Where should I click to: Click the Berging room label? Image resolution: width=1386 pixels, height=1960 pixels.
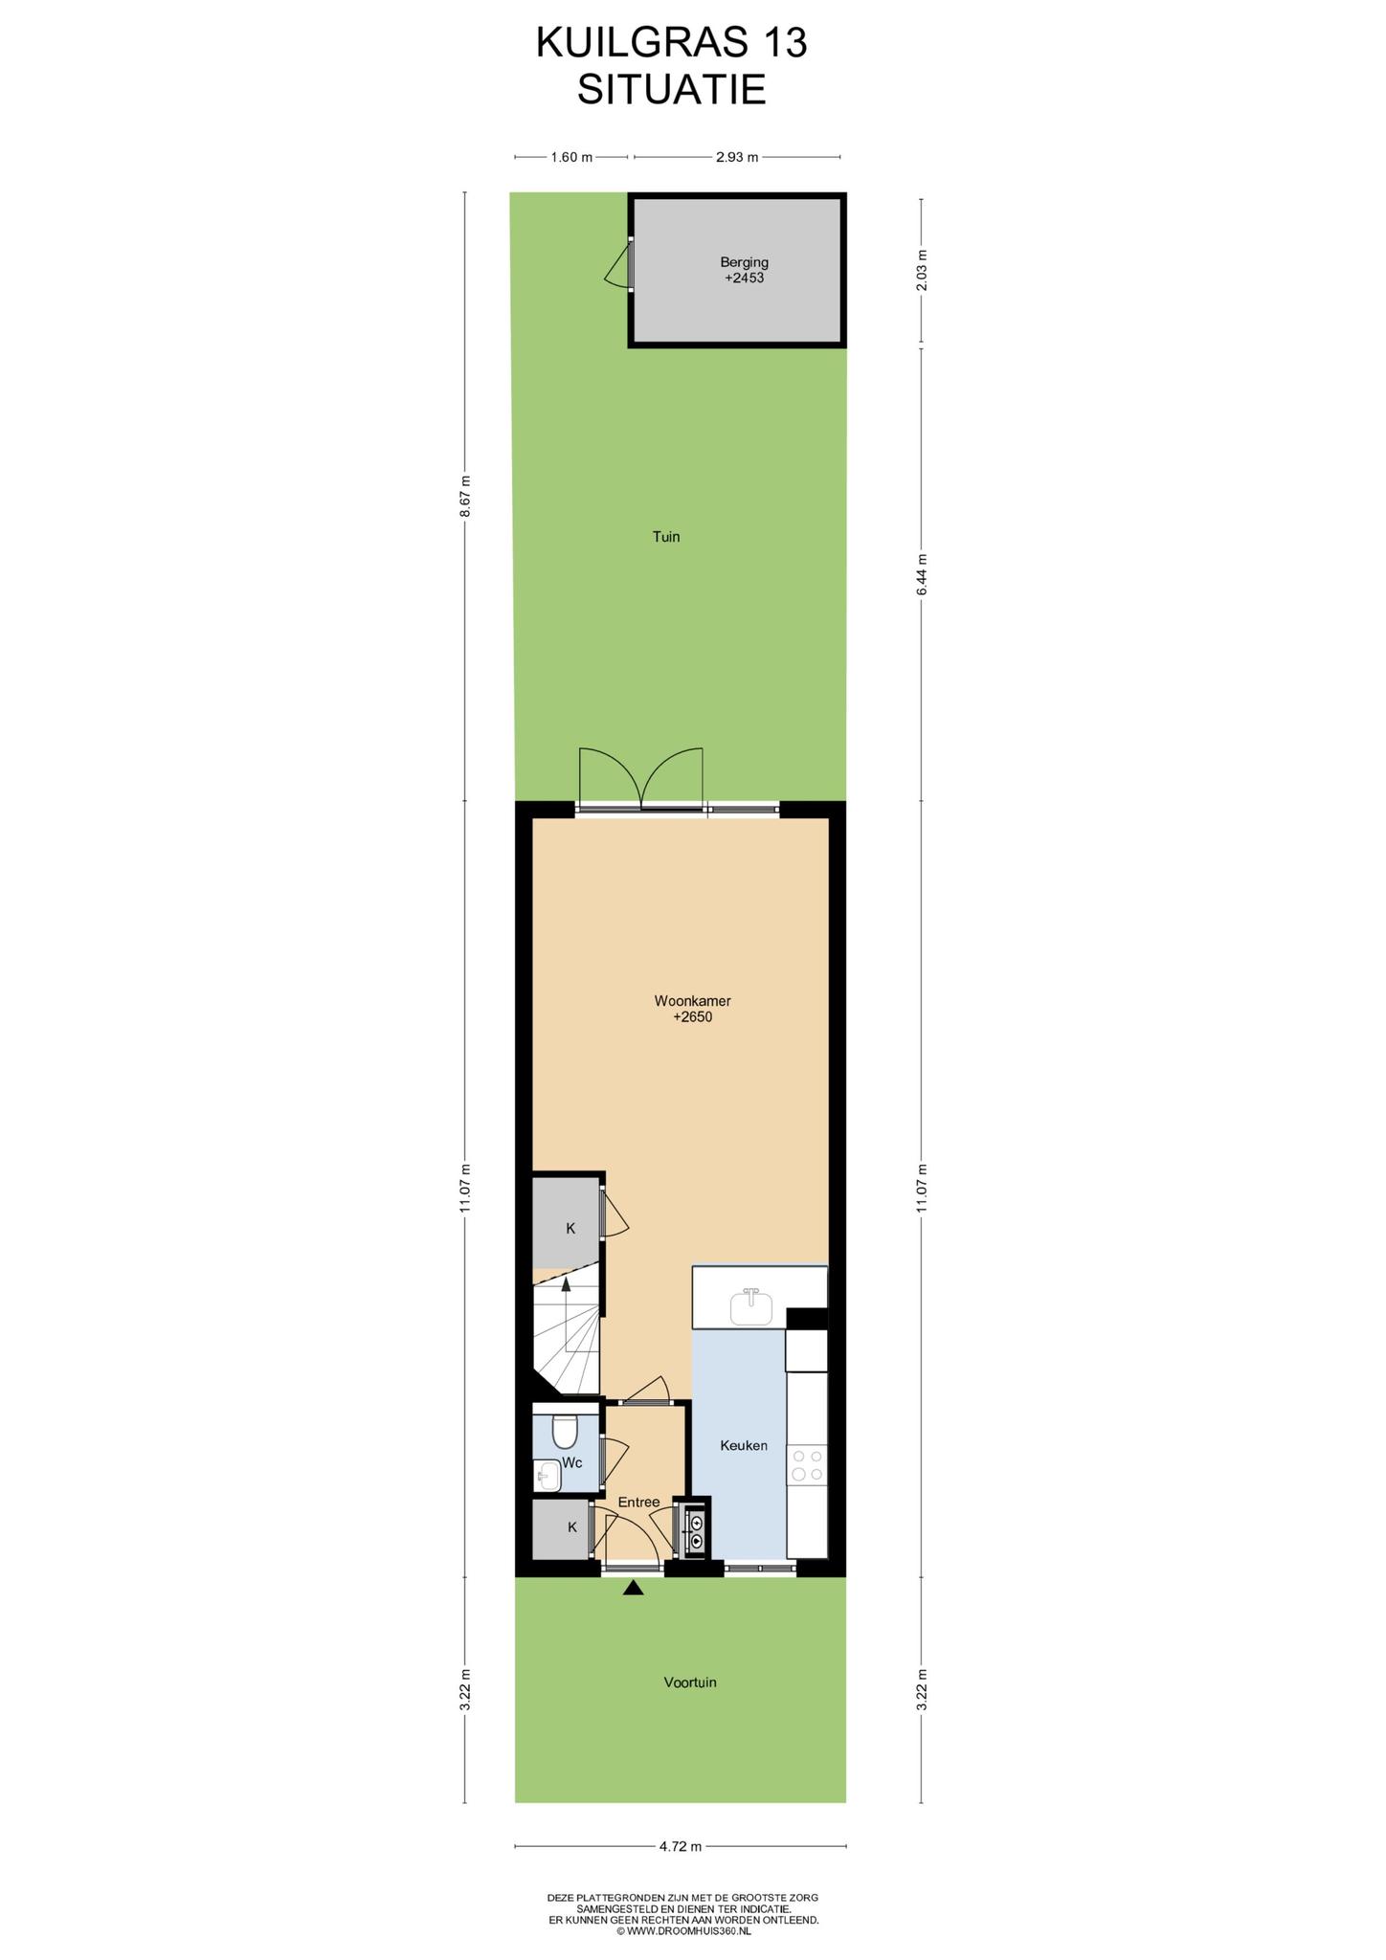click(x=744, y=261)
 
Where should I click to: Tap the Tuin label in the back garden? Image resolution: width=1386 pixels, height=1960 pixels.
click(x=666, y=537)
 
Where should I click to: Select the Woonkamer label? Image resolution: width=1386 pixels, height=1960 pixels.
click(x=692, y=1001)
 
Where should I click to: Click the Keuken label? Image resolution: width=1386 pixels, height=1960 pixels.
click(x=744, y=1445)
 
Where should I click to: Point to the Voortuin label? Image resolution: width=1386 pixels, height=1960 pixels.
click(x=690, y=1682)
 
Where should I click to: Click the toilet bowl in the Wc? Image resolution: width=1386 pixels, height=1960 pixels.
click(x=565, y=1431)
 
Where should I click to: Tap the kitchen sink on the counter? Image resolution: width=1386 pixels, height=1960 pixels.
click(x=751, y=1307)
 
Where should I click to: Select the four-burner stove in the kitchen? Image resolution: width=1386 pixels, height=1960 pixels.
click(x=806, y=1465)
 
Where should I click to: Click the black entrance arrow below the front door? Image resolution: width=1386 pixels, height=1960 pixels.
click(x=633, y=1588)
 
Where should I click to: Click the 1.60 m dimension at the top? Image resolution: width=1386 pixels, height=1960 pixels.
click(x=571, y=157)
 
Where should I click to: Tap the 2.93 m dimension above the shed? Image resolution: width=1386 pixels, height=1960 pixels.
click(x=737, y=157)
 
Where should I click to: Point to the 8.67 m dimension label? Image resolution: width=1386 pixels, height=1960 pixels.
click(x=465, y=497)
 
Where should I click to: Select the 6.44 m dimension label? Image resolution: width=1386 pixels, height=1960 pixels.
click(x=922, y=574)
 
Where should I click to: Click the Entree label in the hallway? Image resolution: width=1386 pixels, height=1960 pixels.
click(x=638, y=1502)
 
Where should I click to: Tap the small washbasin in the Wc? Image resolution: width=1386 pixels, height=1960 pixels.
click(x=547, y=1475)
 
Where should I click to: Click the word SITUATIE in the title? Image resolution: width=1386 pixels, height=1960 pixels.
click(x=672, y=90)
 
